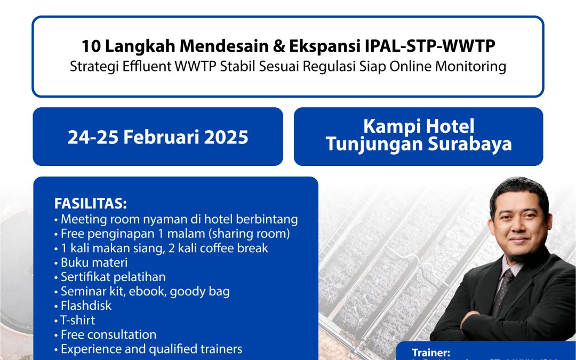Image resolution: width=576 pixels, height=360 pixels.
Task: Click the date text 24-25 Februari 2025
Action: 158,137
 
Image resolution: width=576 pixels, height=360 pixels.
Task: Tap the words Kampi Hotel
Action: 418,126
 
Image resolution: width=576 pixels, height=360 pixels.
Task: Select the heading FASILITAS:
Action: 91,204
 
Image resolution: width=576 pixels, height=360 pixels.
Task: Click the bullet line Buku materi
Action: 94,262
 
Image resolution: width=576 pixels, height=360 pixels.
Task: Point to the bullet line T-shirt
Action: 78,320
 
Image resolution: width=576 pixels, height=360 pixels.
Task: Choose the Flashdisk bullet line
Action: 86,306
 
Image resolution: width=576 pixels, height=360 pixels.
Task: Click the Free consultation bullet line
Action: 108,334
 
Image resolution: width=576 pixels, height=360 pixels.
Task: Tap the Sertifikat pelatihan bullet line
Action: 113,277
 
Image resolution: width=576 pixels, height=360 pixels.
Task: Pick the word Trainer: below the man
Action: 431,353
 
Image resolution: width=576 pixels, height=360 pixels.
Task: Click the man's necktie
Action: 502,290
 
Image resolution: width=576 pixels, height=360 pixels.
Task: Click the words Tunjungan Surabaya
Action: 418,144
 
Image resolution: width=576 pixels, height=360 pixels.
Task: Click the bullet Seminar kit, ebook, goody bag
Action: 145,291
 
